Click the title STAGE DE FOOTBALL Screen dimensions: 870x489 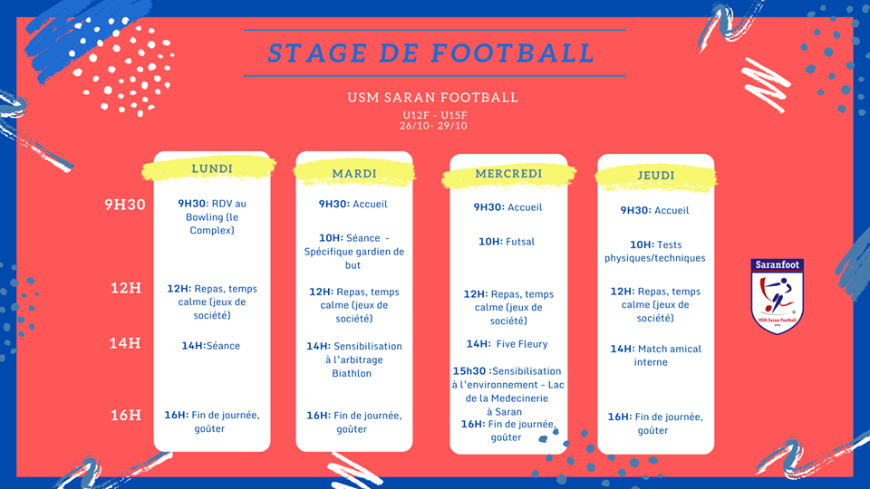pos(431,53)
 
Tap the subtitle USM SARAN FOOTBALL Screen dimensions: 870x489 pos(433,98)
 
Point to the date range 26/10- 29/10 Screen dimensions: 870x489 pos(433,126)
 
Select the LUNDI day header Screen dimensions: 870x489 pos(212,168)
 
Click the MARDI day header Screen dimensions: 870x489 pos(354,174)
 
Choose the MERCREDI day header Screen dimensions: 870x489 pos(508,174)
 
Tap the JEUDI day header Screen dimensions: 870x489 pos(656,175)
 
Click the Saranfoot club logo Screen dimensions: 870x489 pos(777,297)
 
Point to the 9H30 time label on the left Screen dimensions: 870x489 pos(125,205)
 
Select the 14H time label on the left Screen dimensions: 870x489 pos(125,343)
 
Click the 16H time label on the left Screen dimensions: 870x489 pos(125,416)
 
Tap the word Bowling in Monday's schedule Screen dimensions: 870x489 pos(204,217)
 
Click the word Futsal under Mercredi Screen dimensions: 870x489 pos(520,242)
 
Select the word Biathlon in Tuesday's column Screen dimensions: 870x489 pos(352,373)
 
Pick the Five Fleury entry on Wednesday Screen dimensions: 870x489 pos(522,344)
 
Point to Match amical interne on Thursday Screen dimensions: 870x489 pos(656,355)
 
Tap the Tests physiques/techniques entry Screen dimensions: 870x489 pos(655,251)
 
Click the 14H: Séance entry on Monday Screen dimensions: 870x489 pos(211,346)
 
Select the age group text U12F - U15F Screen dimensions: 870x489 pos(435,115)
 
